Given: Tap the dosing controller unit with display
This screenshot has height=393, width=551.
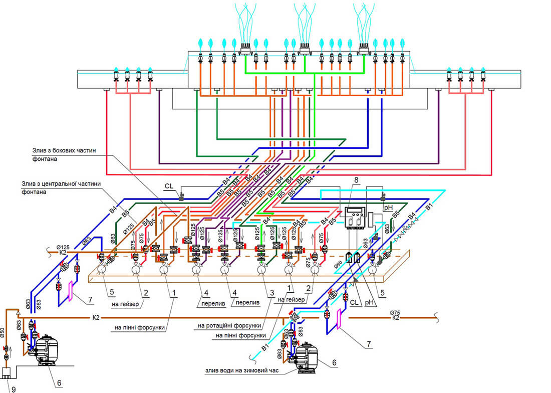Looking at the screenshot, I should pyautogui.click(x=355, y=217).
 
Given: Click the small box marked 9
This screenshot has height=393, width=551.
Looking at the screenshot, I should pyautogui.click(x=7, y=373).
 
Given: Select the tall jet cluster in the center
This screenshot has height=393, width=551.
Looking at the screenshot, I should pyautogui.click(x=304, y=25).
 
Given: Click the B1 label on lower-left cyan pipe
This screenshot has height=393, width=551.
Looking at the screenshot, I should pyautogui.click(x=264, y=346).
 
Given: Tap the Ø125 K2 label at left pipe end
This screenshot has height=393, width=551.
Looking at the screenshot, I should pyautogui.click(x=63, y=249).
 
